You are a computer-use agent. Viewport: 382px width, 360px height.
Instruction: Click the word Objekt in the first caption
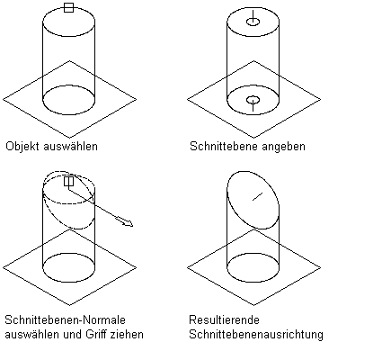[23, 147]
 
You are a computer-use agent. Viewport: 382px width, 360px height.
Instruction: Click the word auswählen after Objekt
[71, 147]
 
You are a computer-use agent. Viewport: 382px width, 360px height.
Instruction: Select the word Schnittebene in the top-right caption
[225, 147]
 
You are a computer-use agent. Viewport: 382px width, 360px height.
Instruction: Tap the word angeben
[284, 147]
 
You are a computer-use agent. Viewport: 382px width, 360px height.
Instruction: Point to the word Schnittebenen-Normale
[66, 319]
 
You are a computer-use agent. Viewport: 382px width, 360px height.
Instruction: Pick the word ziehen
[127, 334]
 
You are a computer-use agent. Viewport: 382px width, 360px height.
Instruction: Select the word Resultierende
[224, 319]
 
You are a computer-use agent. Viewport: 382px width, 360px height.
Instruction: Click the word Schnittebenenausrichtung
[256, 335]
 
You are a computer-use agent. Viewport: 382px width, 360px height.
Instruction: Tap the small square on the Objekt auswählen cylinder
[69, 8]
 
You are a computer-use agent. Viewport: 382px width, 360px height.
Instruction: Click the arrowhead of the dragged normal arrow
[129, 223]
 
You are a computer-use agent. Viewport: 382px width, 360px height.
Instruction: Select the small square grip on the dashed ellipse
[69, 181]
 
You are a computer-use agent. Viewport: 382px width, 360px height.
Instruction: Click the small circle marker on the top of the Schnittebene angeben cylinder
[253, 22]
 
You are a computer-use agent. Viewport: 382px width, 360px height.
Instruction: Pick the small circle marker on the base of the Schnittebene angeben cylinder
[253, 100]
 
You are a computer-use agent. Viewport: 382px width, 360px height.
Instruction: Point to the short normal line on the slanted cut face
[258, 196]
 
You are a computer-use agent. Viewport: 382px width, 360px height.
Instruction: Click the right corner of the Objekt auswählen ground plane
[137, 99]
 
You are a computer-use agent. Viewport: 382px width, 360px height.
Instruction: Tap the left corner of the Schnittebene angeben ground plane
[187, 99]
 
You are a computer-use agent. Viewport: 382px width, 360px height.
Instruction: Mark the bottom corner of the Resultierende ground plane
[254, 305]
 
